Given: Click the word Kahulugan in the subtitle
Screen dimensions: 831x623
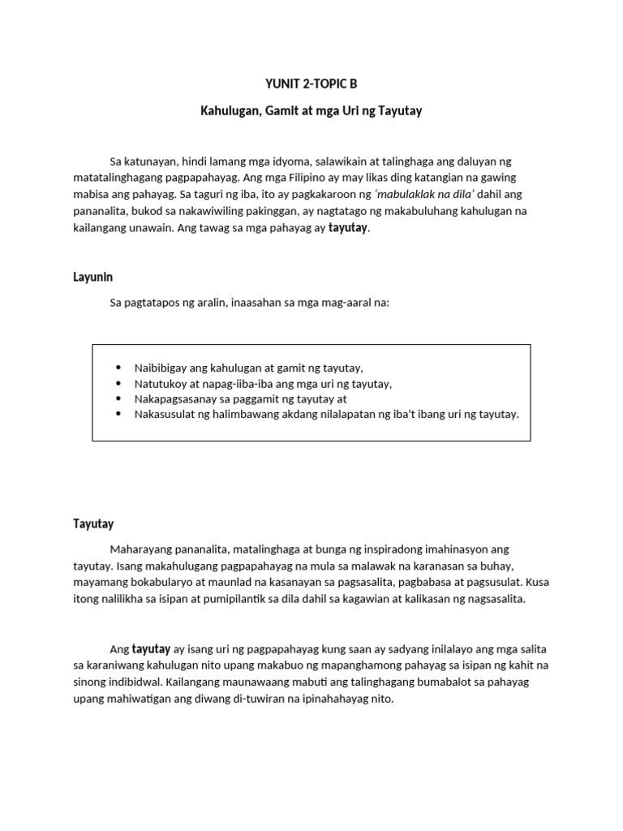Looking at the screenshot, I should [230, 110].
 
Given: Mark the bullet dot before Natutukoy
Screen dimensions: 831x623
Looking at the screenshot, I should [119, 384].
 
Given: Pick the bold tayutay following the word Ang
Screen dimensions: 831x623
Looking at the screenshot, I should [151, 648].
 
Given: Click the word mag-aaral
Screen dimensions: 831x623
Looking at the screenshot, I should [344, 303].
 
